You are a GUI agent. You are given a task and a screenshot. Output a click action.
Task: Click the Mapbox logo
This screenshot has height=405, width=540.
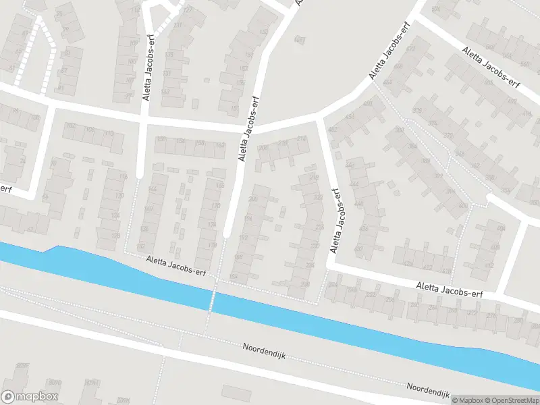click(30, 397)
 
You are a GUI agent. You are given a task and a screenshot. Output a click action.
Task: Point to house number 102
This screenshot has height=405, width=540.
click(70, 126)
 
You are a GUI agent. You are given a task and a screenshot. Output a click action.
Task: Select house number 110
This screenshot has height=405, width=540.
click(109, 134)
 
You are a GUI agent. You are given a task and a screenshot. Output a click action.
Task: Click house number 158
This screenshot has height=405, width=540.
click(200, 144)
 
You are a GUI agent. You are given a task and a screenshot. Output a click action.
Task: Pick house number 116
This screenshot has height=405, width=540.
click(123, 177)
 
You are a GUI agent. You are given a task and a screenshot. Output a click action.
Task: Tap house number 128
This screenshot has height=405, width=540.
click(144, 230)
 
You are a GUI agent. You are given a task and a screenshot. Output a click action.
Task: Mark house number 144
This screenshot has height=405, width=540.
click(152, 190)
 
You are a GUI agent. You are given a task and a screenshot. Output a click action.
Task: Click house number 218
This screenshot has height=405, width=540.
click(314, 177)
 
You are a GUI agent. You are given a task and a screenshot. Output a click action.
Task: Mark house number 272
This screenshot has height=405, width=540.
click(472, 313)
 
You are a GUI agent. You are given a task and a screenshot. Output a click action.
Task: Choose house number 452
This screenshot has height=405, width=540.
click(332, 130)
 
